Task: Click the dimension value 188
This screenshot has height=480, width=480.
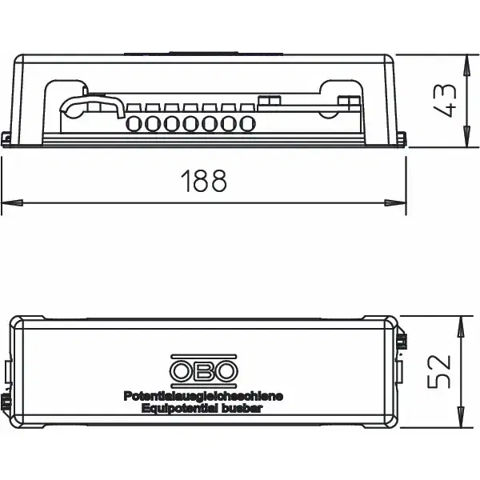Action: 204,181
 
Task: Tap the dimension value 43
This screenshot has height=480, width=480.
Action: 445,100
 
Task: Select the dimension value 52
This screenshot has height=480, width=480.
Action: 439,372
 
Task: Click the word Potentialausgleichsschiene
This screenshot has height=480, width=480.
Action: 203,397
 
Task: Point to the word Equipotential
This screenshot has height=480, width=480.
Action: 180,408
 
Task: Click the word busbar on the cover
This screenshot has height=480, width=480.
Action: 242,408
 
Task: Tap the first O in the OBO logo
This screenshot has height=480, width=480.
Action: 182,371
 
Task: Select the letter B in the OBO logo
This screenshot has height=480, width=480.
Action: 203,371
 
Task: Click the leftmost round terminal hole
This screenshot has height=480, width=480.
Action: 134,124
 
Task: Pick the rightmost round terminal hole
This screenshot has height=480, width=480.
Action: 247,124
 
